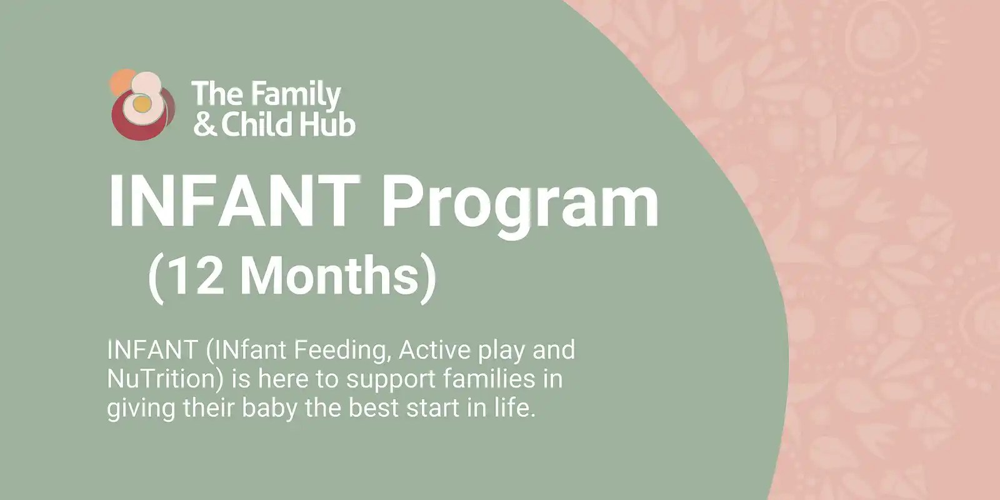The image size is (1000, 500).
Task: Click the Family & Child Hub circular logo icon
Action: [x=142, y=105]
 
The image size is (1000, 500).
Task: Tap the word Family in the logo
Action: [x=296, y=95]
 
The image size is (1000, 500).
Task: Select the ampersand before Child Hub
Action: [x=205, y=124]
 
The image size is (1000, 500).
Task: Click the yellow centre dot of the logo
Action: [x=142, y=104]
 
